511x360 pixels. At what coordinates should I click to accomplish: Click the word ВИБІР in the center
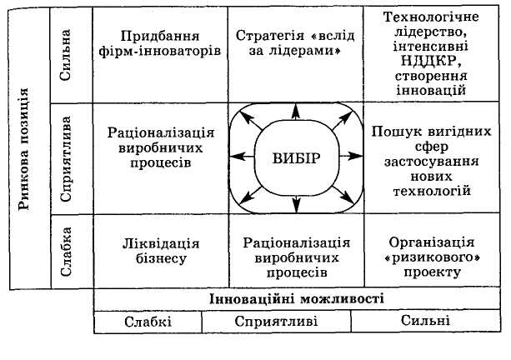click(x=296, y=157)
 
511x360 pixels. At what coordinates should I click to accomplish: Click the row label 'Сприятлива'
click(x=70, y=157)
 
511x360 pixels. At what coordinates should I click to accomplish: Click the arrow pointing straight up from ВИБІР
click(x=296, y=115)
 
